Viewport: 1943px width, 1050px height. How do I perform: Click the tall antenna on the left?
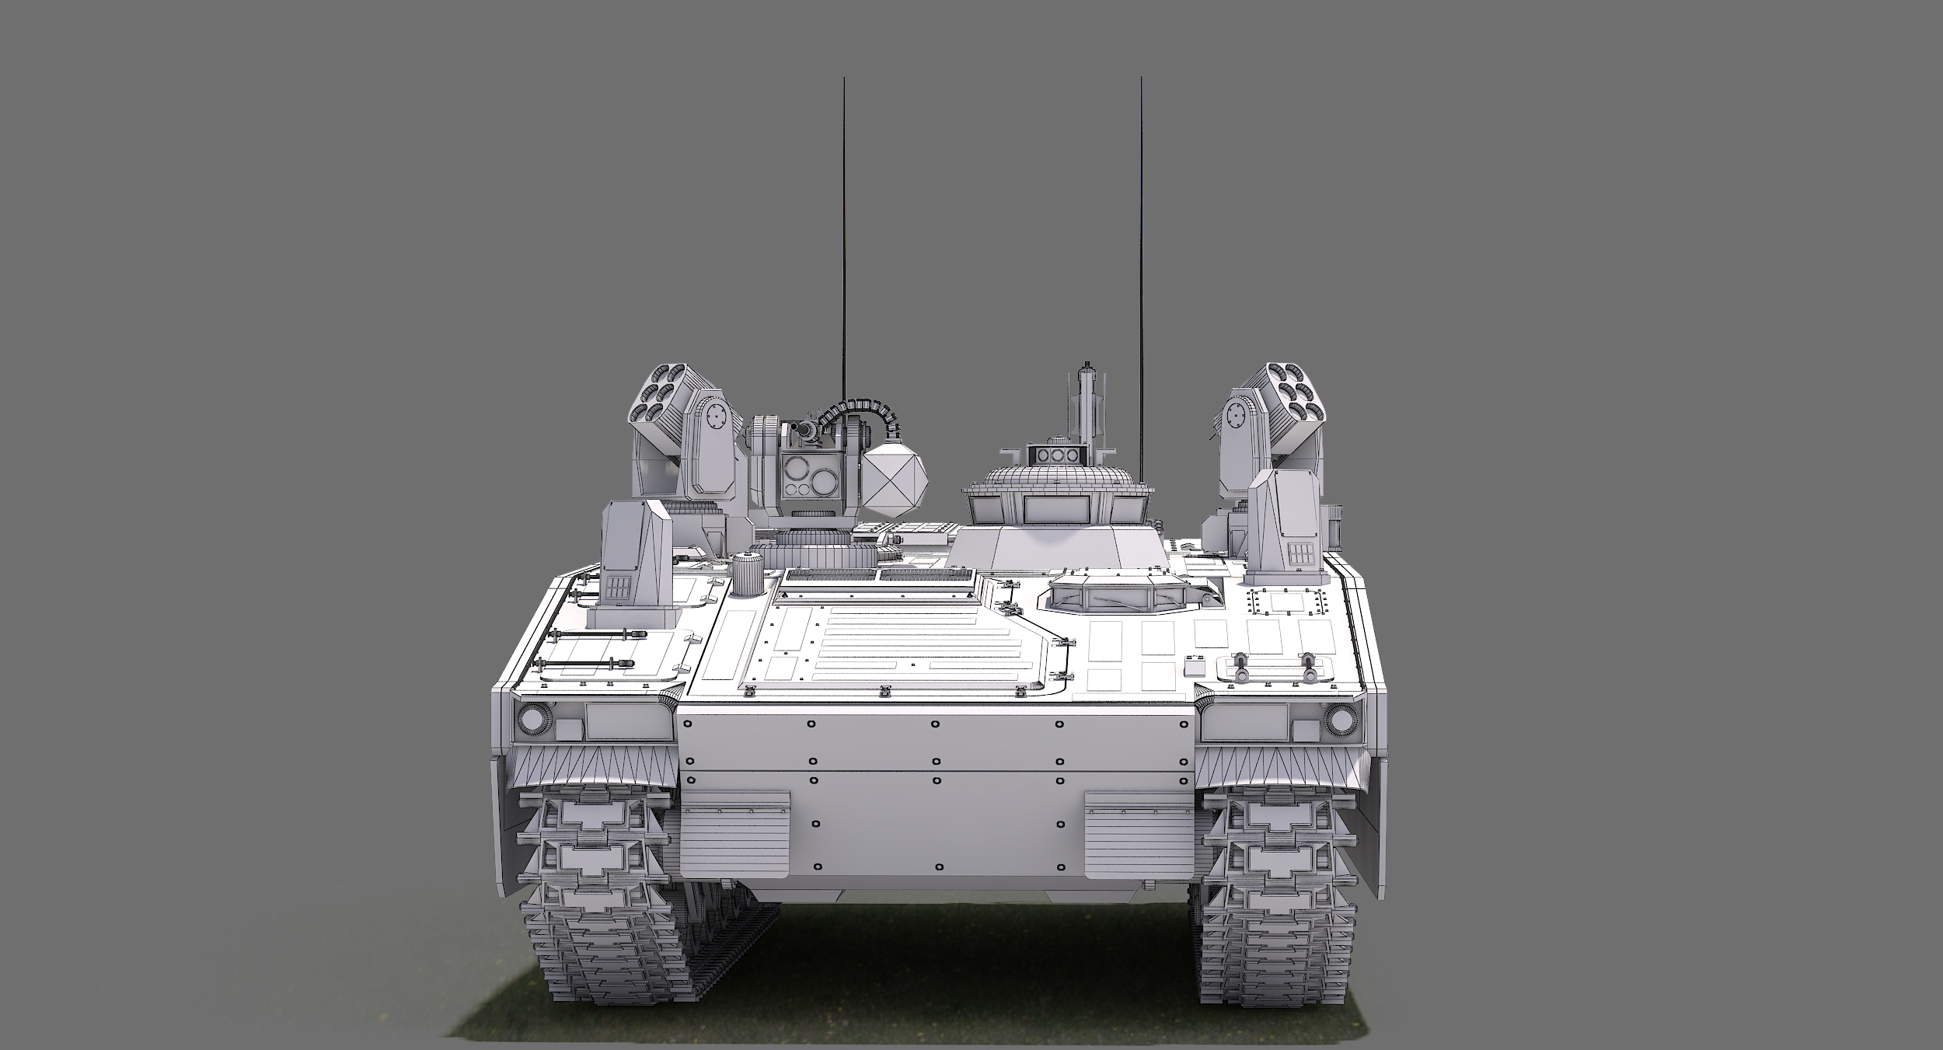pos(844,233)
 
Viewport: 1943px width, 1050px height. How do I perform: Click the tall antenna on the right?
pos(1141,233)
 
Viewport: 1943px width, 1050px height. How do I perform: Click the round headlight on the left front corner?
pos(533,719)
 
